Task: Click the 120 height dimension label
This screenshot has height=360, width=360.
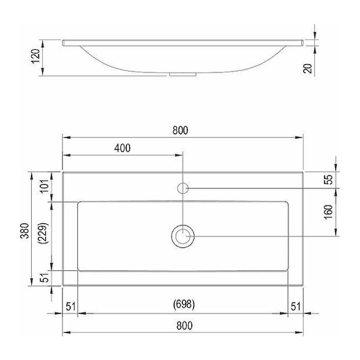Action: [36, 56]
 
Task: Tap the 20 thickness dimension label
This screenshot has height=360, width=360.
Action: [308, 68]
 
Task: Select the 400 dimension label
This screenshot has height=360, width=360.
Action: [122, 148]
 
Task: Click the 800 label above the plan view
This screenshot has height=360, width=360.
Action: [180, 130]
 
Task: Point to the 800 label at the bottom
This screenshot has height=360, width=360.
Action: [184, 326]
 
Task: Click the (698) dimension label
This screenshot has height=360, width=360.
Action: [184, 304]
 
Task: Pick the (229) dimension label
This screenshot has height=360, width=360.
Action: [44, 233]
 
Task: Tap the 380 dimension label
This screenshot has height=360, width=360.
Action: [25, 231]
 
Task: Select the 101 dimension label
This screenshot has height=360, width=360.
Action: [45, 187]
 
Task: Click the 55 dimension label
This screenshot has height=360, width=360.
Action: [328, 179]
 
